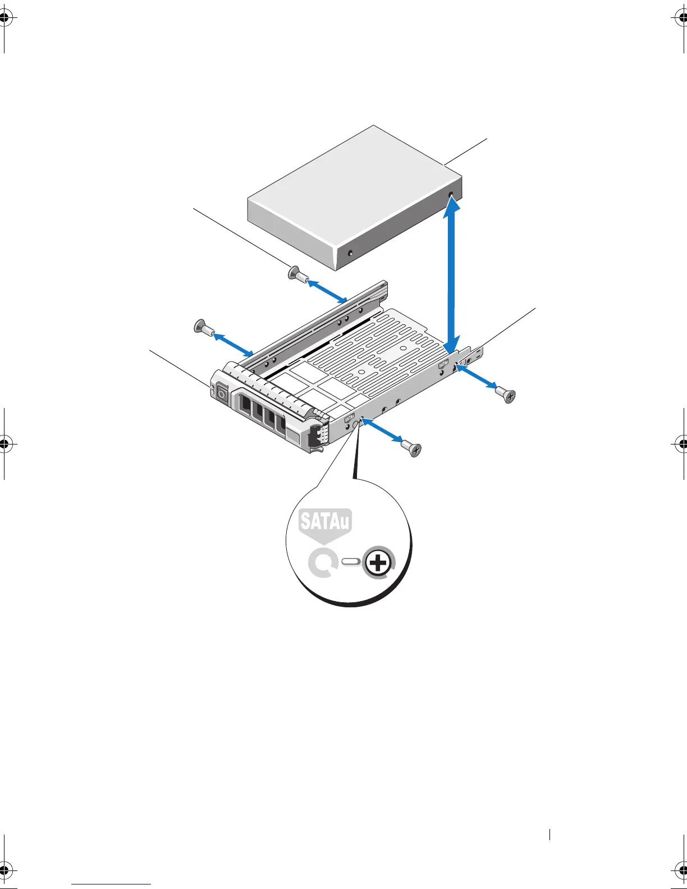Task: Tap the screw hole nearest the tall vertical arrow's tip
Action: (x=451, y=195)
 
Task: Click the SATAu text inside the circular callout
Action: (x=325, y=521)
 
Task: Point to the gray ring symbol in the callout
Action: (x=322, y=563)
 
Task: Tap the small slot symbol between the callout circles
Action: (x=351, y=562)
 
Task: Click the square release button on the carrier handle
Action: (x=221, y=395)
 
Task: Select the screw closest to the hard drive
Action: (x=296, y=274)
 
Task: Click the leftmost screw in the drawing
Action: (x=202, y=327)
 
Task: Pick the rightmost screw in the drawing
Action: (x=507, y=396)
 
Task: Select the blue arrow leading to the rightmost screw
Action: (x=476, y=377)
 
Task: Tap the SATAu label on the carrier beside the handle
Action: (x=349, y=418)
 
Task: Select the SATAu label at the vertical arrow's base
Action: (x=443, y=364)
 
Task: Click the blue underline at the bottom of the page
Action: (x=111, y=885)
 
